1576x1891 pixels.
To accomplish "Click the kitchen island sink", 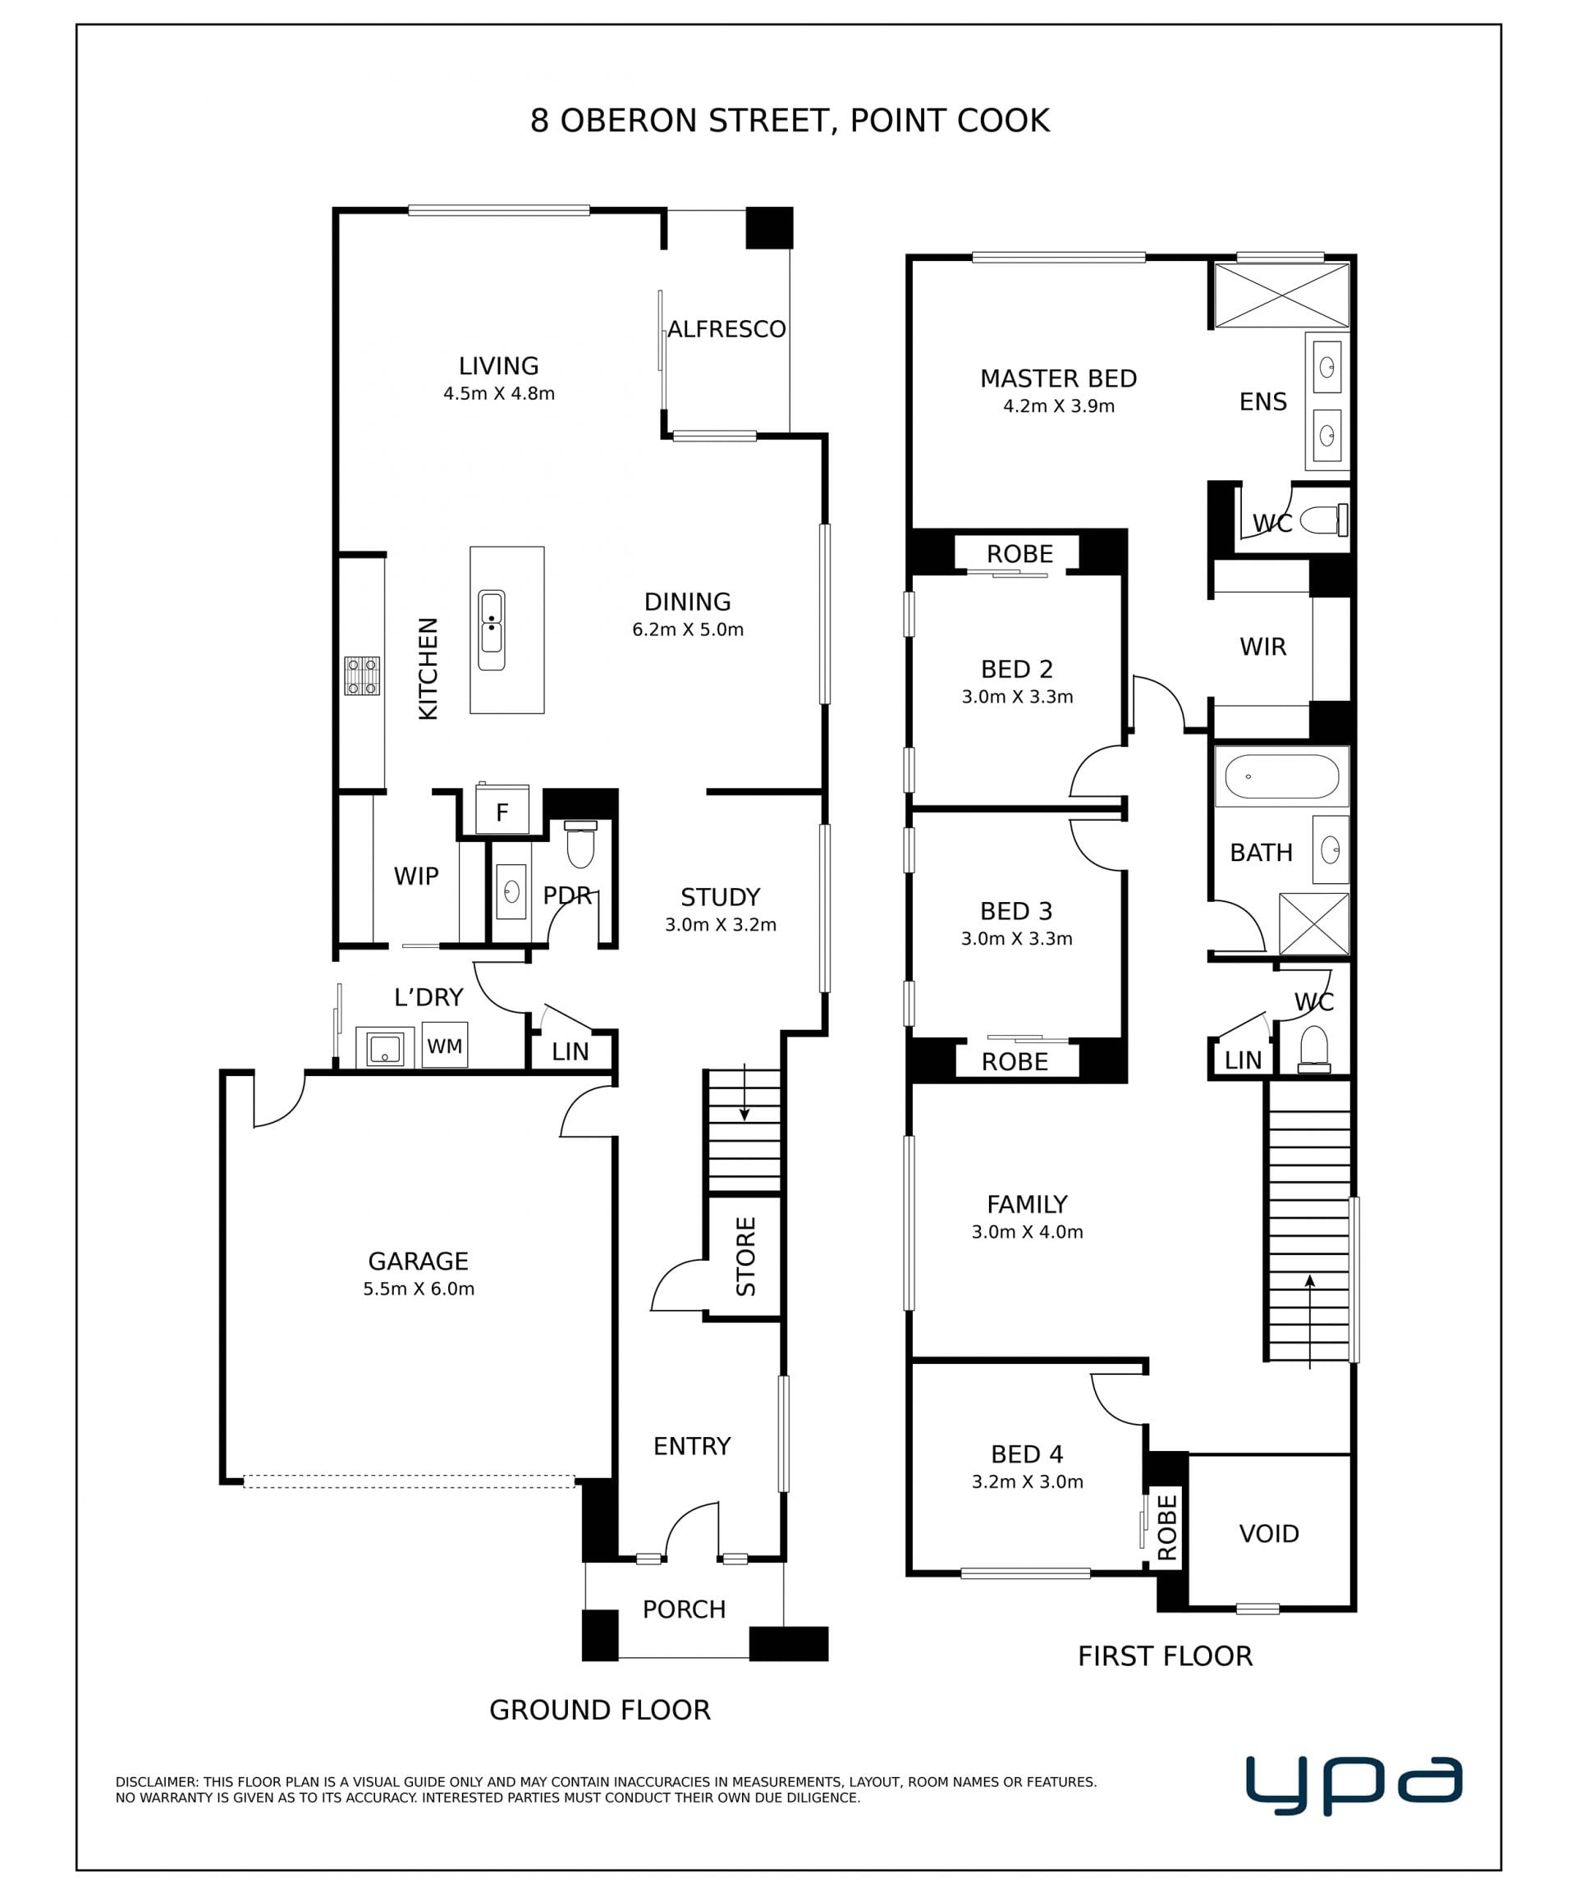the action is point(491,630).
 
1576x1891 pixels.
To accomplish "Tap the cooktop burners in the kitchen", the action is point(361,675).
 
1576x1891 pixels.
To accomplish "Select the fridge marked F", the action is point(502,810).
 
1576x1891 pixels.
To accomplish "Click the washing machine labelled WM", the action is point(444,1045).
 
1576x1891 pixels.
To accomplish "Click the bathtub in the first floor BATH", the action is point(1281,776).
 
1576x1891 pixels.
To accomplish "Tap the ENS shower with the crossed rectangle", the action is point(1281,295).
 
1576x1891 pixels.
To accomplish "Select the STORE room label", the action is point(745,1257).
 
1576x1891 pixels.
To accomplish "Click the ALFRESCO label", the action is point(726,330).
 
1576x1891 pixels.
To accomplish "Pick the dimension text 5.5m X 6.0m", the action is point(419,1289).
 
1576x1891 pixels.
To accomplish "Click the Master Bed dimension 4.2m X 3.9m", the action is point(1059,406).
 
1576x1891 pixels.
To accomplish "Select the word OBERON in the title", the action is point(630,121).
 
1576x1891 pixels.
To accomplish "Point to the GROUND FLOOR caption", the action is point(600,1710).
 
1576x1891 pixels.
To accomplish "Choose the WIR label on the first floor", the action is point(1262,647).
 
